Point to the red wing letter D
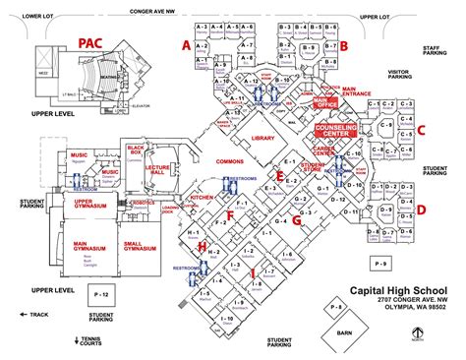[421, 209]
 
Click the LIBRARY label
[262, 139]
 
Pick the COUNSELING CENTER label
[333, 129]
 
